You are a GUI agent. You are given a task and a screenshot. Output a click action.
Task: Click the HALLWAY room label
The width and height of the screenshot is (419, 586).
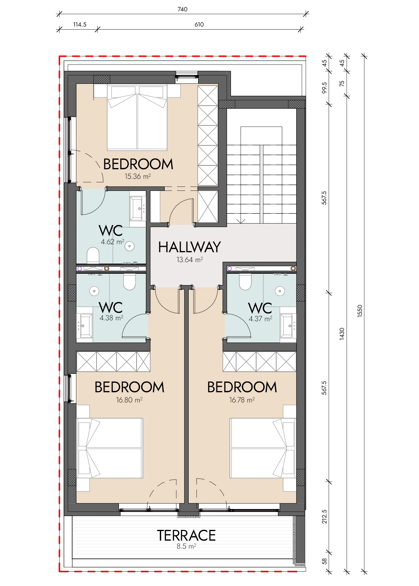pyautogui.click(x=189, y=247)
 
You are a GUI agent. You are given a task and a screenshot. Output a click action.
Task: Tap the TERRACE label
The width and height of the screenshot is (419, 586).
pyautogui.click(x=186, y=535)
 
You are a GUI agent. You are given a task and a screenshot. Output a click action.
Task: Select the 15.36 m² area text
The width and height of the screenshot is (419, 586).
pyautogui.click(x=138, y=176)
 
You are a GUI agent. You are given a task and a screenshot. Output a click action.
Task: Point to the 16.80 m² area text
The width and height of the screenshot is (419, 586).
pyautogui.click(x=129, y=400)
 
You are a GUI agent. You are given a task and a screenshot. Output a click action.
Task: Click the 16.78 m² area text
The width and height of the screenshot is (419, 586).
pyautogui.click(x=242, y=400)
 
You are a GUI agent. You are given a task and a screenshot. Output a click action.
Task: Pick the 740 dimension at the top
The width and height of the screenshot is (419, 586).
pyautogui.click(x=183, y=9)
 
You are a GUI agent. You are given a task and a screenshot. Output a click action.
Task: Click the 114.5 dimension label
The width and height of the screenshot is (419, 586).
pyautogui.click(x=80, y=24)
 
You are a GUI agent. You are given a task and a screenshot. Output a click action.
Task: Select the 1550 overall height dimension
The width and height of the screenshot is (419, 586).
pyautogui.click(x=360, y=311)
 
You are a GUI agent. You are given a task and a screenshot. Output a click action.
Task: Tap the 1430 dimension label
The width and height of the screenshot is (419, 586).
pyautogui.click(x=342, y=334)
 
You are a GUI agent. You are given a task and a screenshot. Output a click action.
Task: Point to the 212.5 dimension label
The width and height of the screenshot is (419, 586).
pyautogui.click(x=325, y=516)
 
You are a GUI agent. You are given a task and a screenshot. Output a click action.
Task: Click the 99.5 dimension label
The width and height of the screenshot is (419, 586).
pyautogui.click(x=325, y=88)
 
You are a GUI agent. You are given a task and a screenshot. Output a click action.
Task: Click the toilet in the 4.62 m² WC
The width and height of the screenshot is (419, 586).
pyautogui.click(x=93, y=255)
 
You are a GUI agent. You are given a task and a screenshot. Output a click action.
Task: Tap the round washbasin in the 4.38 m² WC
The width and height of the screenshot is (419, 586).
pyautogui.click(x=94, y=291)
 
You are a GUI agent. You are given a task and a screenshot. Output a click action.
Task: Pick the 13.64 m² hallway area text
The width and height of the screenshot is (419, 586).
pyautogui.click(x=190, y=260)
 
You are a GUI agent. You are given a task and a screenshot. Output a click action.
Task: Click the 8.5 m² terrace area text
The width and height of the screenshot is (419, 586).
pyautogui.click(x=186, y=546)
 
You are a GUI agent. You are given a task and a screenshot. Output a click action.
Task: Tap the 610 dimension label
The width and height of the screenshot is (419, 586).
pyautogui.click(x=199, y=24)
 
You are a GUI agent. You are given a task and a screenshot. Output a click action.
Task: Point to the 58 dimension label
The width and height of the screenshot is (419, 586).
pyautogui.click(x=325, y=562)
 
